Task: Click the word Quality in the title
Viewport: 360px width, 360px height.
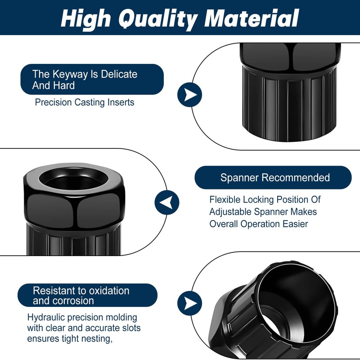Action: [x=158, y=19]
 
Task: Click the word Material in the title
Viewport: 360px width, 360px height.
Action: [x=252, y=18]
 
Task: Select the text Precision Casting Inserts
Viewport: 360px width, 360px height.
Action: [x=85, y=102]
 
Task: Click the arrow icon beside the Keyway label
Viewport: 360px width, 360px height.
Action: [x=189, y=94]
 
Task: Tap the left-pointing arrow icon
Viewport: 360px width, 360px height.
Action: [x=167, y=202]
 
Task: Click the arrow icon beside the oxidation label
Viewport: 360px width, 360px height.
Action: [x=189, y=303]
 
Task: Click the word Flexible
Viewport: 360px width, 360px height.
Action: [x=225, y=199]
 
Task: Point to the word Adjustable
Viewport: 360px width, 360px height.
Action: [x=230, y=211]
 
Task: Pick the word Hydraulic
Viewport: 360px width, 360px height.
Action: [x=46, y=318]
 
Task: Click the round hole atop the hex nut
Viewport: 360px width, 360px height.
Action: [x=74, y=179]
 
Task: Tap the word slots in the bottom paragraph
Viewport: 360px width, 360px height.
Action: [x=129, y=328]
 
